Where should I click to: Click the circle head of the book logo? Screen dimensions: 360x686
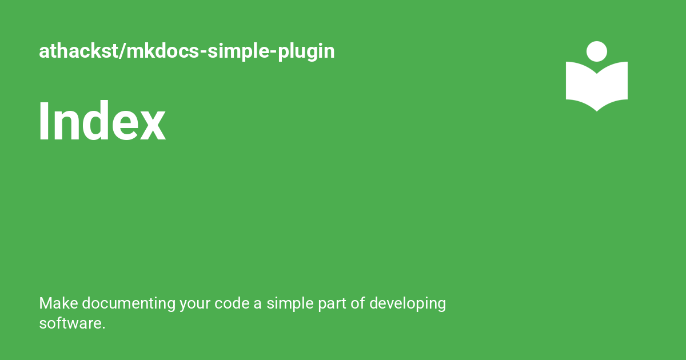597,51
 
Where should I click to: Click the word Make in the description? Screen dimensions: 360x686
54,303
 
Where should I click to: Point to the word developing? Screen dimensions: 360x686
407,303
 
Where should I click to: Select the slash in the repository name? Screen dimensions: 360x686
122,51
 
